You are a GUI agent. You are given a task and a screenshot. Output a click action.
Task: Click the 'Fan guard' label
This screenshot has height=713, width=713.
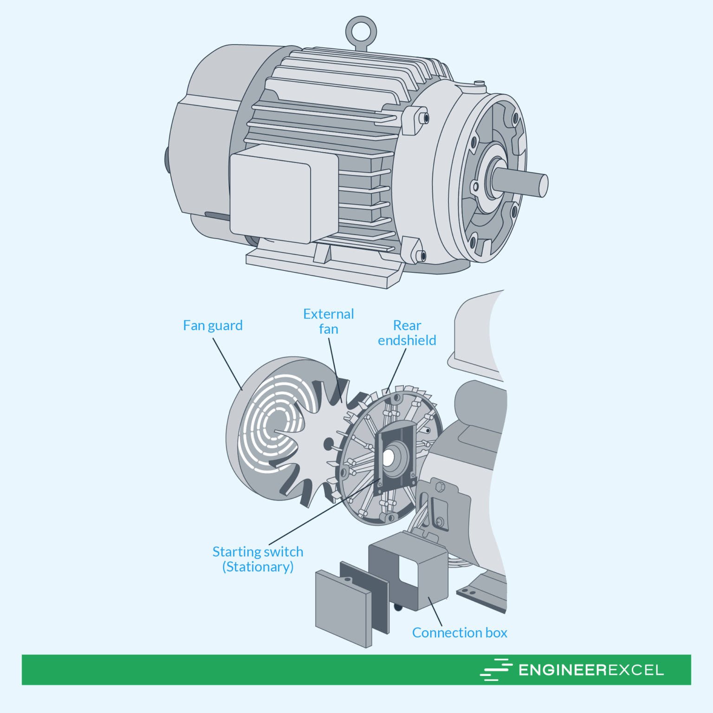click(213, 325)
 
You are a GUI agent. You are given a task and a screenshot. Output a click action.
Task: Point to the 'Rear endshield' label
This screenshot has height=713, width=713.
click(407, 333)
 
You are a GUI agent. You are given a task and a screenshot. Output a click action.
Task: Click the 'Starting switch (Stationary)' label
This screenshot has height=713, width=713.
click(258, 559)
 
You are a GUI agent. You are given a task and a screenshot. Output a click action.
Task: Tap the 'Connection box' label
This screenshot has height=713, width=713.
click(460, 633)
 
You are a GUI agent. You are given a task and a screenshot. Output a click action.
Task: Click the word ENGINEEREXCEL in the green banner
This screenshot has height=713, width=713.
click(591, 670)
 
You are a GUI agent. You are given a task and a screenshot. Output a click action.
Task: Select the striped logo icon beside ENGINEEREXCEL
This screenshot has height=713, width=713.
click(496, 670)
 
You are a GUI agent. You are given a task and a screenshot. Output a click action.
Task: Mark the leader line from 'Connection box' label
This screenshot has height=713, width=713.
click(435, 611)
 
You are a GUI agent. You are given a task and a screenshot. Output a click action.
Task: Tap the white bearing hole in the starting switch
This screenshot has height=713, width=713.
click(388, 458)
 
